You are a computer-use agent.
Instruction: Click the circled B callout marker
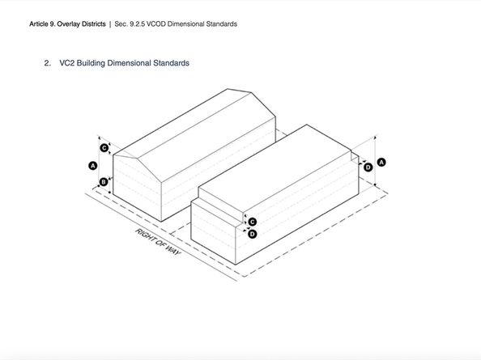(104, 182)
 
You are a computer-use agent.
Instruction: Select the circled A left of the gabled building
(92, 166)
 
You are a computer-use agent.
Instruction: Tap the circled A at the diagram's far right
(381, 162)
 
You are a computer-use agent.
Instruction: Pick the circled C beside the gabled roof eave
(104, 148)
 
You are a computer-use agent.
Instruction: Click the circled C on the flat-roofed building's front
(253, 222)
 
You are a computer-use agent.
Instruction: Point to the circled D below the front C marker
(252, 234)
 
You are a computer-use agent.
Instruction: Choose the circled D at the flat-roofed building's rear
(368, 167)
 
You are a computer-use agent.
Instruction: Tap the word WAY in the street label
(173, 250)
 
